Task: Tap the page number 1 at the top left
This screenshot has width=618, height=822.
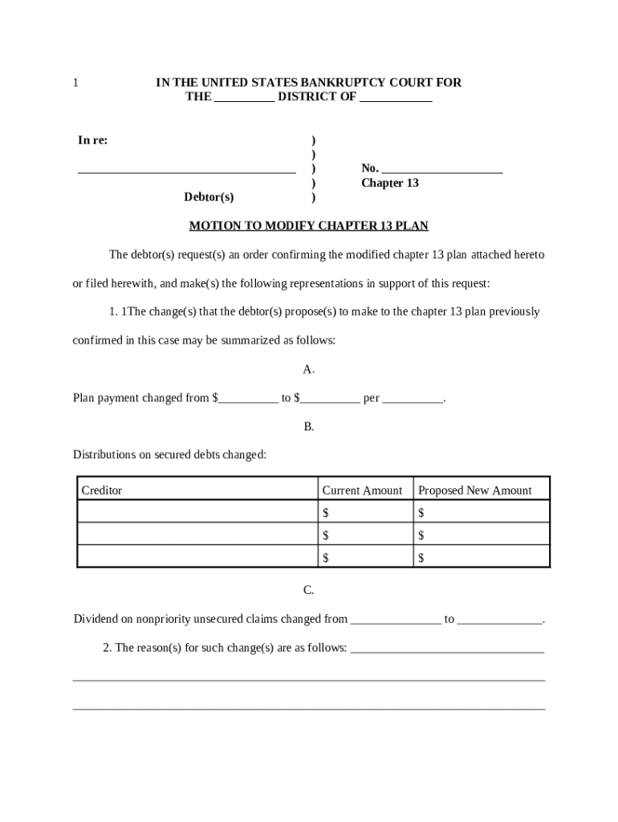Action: point(75,83)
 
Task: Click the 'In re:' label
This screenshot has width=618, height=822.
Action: point(93,140)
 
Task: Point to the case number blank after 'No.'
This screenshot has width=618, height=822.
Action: point(442,169)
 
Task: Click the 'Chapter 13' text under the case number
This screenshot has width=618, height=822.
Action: point(390,183)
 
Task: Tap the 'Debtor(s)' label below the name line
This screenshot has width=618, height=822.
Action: point(209,197)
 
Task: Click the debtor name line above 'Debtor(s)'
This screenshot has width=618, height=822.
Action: point(186,169)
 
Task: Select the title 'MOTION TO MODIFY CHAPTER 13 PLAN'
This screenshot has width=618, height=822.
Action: point(309,226)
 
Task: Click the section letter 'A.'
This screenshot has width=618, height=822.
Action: point(309,369)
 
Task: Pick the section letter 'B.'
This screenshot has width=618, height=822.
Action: point(309,426)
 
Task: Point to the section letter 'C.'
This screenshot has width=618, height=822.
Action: point(309,590)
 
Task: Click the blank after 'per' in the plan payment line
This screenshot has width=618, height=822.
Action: point(413,399)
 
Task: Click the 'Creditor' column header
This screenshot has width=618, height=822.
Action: point(102,490)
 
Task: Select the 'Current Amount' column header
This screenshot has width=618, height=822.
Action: point(362,490)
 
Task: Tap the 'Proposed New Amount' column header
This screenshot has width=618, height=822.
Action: point(475,490)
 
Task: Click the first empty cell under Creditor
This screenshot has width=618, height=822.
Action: point(197,512)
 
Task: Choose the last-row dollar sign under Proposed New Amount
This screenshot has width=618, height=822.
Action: point(421,557)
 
